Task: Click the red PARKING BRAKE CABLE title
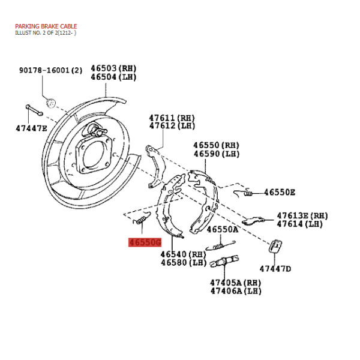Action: pos(46,26)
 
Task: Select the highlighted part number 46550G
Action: pos(145,242)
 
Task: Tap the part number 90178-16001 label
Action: pos(50,70)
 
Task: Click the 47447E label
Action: pos(31,128)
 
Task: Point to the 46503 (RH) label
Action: pos(113,68)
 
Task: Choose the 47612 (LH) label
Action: pos(172,126)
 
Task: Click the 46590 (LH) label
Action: pos(216,154)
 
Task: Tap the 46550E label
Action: pos(280,192)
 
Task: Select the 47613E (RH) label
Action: pos(302,216)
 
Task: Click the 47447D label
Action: pos(275,269)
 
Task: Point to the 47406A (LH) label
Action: pos(236,291)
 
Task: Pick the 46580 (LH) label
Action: pos(184,262)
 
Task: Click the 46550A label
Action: pos(223,229)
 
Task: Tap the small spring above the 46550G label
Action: pos(142,218)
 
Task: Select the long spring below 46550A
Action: pos(220,246)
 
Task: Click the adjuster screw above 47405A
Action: pos(224,262)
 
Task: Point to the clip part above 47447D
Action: pos(275,246)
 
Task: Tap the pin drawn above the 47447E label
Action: pos(34,110)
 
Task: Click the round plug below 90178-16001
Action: pos(51,103)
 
